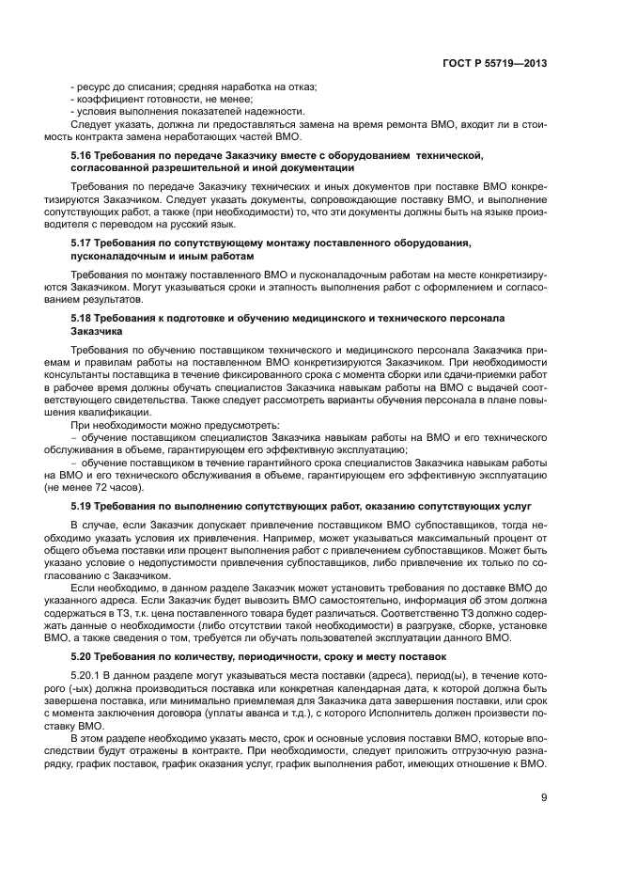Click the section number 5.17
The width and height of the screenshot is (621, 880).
83,244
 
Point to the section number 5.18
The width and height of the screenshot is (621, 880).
83,320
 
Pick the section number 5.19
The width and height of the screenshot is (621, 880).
83,505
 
